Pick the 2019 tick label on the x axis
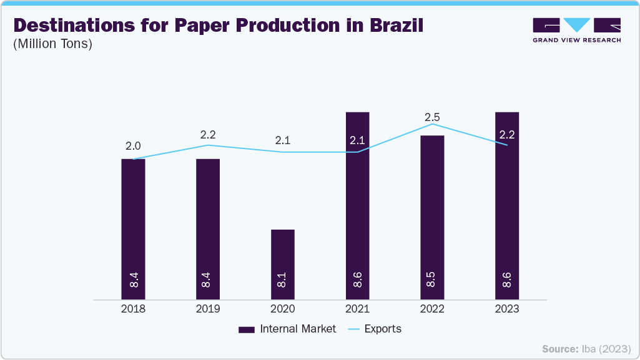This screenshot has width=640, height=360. pos(208,309)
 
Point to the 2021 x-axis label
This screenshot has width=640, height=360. pos(357,309)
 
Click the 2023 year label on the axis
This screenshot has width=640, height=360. pos(507,309)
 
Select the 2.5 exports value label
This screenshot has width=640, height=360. pos(432,117)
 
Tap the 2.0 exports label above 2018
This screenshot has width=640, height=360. pos(133,146)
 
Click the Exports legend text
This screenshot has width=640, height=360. pos(383,329)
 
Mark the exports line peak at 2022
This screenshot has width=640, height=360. pos(432,124)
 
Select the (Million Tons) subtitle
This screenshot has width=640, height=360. pos(52,44)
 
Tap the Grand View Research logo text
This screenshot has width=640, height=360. pos(576,40)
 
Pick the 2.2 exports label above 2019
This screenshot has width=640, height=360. pos(208,134)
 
